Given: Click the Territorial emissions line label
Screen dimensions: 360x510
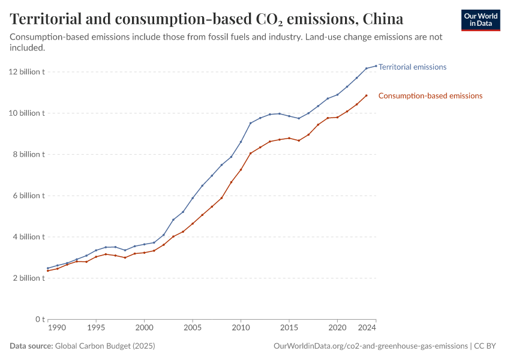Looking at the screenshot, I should point(412,67).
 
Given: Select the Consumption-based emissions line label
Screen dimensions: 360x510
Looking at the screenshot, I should point(430,96).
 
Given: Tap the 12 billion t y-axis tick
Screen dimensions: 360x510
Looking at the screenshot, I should point(26,72).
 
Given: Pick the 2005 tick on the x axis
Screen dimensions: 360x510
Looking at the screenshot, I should point(193,328).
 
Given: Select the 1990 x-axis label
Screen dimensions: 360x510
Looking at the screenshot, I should point(57,328).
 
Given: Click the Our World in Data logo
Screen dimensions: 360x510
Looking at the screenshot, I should point(481,20).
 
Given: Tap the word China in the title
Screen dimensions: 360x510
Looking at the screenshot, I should point(382,19).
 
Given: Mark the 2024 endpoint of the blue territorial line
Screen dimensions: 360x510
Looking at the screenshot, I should point(376,66).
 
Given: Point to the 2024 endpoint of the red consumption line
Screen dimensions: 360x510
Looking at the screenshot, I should point(367,95).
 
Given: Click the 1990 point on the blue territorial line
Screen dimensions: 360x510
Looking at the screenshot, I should point(48,268).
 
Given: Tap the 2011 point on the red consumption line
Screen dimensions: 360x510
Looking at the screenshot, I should point(251,153).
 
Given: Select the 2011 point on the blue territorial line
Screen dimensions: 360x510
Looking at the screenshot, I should point(251,123).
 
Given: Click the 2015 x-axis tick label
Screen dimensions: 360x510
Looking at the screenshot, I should point(289,328).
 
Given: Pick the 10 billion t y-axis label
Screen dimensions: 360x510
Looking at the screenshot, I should point(26,113).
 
